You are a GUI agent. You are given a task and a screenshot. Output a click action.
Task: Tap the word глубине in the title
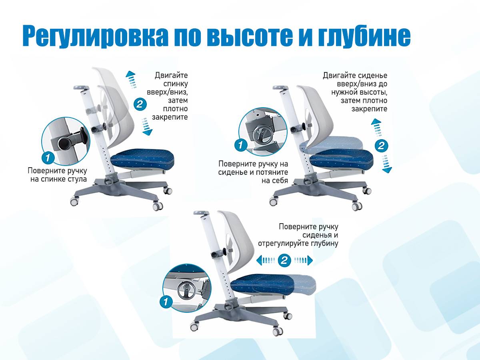click(364, 36)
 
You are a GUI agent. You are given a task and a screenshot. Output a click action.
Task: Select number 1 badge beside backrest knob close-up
click(48, 157)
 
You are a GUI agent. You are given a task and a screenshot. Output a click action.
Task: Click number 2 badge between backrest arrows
click(140, 104)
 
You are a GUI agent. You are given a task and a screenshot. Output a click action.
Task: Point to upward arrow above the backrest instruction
click(131, 80)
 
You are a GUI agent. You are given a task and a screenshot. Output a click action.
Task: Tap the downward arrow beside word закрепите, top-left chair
click(147, 126)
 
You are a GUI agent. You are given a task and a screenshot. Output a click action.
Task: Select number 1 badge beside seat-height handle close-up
click(241, 145)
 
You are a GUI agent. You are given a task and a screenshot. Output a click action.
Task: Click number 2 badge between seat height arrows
click(381, 146)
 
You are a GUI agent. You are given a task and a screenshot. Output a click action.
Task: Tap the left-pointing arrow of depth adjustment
click(266, 260)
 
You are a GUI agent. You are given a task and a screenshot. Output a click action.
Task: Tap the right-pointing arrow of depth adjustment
click(304, 260)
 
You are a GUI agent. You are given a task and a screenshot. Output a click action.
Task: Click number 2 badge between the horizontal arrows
click(284, 260)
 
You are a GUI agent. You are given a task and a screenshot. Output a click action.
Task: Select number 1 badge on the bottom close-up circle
click(166, 302)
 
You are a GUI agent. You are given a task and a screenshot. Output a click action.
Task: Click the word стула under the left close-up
click(76, 179)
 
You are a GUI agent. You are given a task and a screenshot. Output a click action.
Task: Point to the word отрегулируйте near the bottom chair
click(281, 244)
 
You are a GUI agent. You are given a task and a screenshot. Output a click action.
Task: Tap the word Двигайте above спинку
click(171, 76)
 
